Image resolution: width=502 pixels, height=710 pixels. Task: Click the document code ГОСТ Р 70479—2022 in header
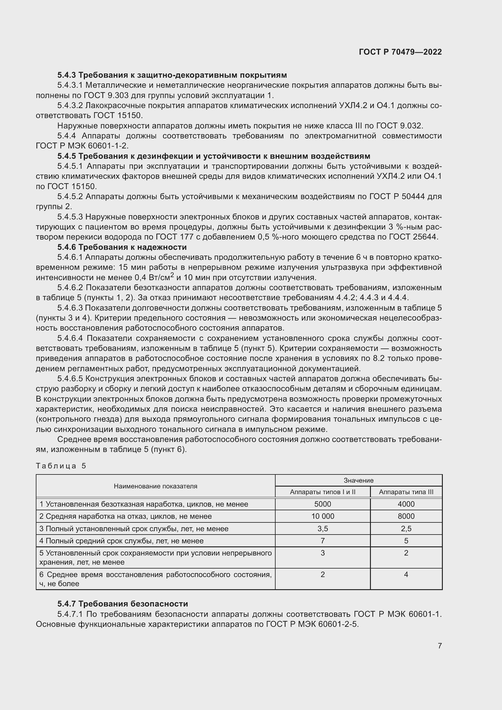pos(400,52)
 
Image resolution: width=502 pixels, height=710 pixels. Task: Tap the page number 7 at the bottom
pos(439,646)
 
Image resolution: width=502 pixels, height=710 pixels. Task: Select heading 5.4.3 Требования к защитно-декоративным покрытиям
pos(172,75)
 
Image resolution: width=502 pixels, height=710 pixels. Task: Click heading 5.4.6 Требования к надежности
pos(122,247)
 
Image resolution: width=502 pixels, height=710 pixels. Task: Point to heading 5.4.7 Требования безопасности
pos(122,604)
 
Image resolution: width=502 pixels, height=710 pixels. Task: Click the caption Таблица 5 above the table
pos(61,466)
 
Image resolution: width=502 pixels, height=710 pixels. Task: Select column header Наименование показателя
pos(155,486)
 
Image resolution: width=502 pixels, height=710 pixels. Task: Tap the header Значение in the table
pos(358,480)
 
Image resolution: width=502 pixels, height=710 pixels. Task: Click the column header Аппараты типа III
pos(406,492)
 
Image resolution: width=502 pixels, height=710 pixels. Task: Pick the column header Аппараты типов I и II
pos(322,492)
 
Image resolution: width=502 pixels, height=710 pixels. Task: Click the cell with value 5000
pos(322,504)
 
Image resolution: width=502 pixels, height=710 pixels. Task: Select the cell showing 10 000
pos(322,516)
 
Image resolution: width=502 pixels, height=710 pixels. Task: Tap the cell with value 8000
pos(406,516)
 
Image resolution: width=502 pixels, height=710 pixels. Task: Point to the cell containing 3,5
pos(322,528)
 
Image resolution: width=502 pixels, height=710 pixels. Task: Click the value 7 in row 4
pos(322,541)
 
